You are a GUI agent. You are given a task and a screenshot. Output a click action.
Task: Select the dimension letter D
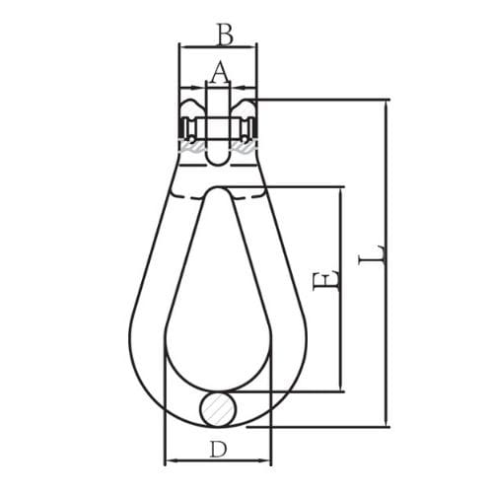tap(218, 450)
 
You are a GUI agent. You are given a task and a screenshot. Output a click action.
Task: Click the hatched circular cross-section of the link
tap(217, 407)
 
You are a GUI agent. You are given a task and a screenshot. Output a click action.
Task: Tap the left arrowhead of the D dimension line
tap(168, 460)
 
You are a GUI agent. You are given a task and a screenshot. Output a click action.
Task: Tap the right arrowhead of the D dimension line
tap(267, 460)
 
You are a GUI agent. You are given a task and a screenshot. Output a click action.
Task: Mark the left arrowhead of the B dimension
tap(182, 46)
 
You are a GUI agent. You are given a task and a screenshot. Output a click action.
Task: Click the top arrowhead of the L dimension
tap(387, 103)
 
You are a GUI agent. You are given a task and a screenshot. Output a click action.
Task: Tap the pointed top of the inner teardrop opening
tap(218, 193)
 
